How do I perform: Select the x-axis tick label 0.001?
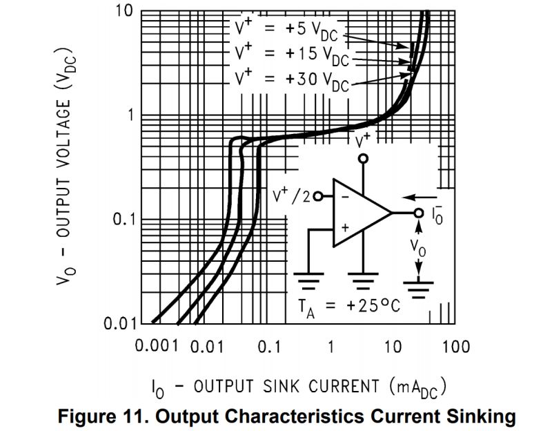pos(157,346)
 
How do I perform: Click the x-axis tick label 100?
pos(455,346)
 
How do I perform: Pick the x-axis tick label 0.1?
pos(268,346)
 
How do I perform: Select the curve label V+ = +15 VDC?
pos(290,54)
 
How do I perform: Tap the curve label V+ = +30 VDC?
pos(290,79)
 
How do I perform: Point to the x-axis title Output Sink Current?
pos(297,386)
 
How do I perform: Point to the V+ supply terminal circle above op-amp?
pos(363,159)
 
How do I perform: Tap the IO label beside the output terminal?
pos(436,215)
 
